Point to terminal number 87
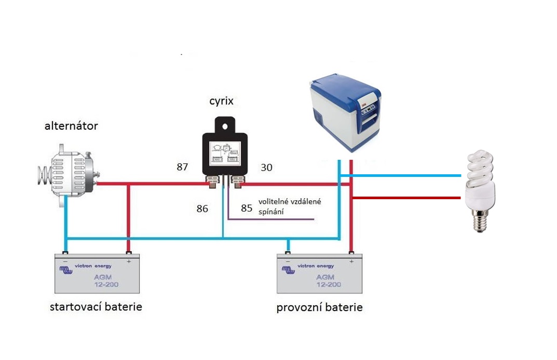pyautogui.click(x=182, y=167)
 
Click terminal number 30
pyautogui.click(x=266, y=168)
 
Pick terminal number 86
pyautogui.click(x=202, y=209)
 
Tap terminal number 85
pyautogui.click(x=247, y=209)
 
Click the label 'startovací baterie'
pyautogui.click(x=96, y=307)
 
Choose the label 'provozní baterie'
pyautogui.click(x=320, y=308)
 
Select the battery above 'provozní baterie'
pyautogui.click(x=320, y=273)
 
